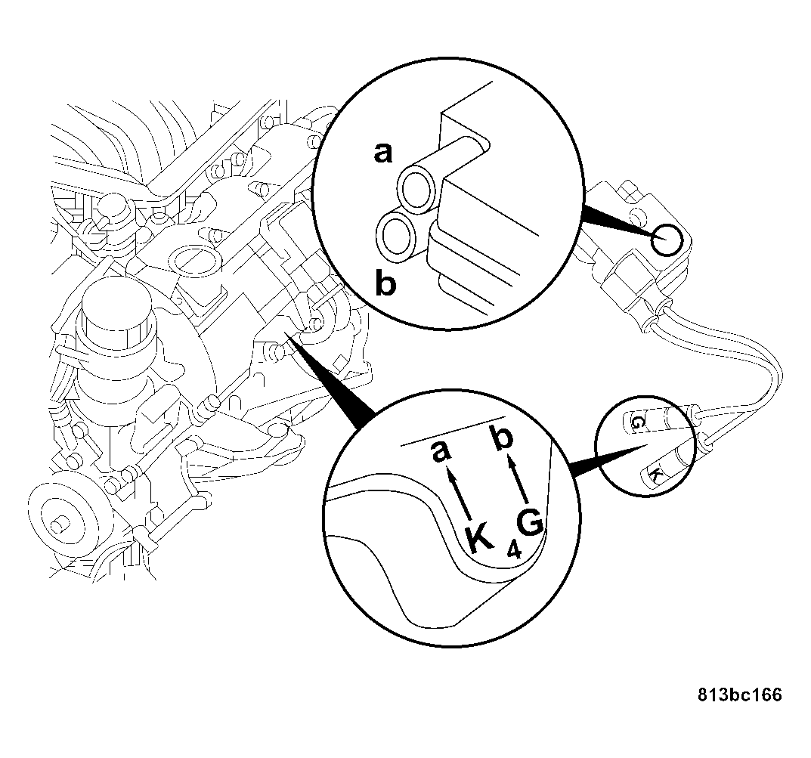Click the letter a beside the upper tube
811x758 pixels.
coord(385,153)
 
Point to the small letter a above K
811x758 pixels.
coord(441,453)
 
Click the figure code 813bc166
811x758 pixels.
coord(739,695)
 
